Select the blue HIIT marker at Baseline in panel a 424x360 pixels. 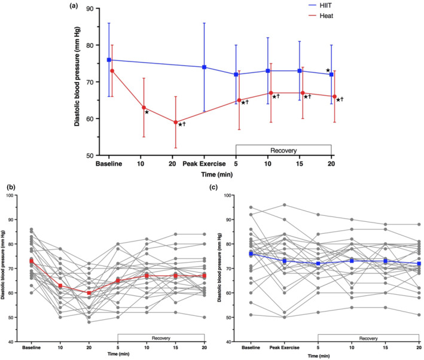point(109,60)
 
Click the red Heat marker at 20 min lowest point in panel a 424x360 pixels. point(175,122)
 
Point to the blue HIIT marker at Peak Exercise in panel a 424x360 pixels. point(205,67)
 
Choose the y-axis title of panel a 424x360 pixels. point(78,82)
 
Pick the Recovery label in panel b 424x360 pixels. point(161,336)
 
